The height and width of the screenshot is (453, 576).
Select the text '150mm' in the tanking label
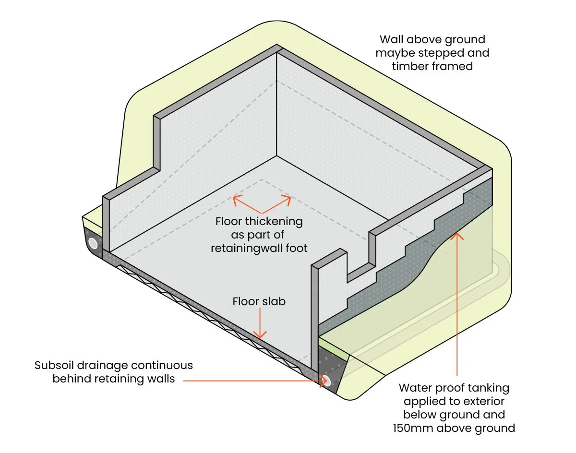pyautogui.click(x=413, y=428)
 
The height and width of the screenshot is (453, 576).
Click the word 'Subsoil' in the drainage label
pyautogui.click(x=53, y=365)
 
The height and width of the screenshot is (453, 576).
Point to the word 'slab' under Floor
pyautogui.click(x=274, y=301)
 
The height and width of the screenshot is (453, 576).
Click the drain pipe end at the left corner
pyautogui.click(x=93, y=243)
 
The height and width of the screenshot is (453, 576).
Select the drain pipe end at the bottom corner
pyautogui.click(x=326, y=381)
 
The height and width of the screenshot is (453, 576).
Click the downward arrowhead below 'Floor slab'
pyautogui.click(x=260, y=335)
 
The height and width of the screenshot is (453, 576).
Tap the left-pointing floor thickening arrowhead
pyautogui.click(x=237, y=200)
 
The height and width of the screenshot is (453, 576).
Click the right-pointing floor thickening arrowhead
pyautogui.click(x=287, y=200)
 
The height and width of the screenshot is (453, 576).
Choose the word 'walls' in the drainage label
pyautogui.click(x=161, y=379)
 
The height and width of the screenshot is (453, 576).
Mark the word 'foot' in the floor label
pyautogui.click(x=297, y=249)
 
